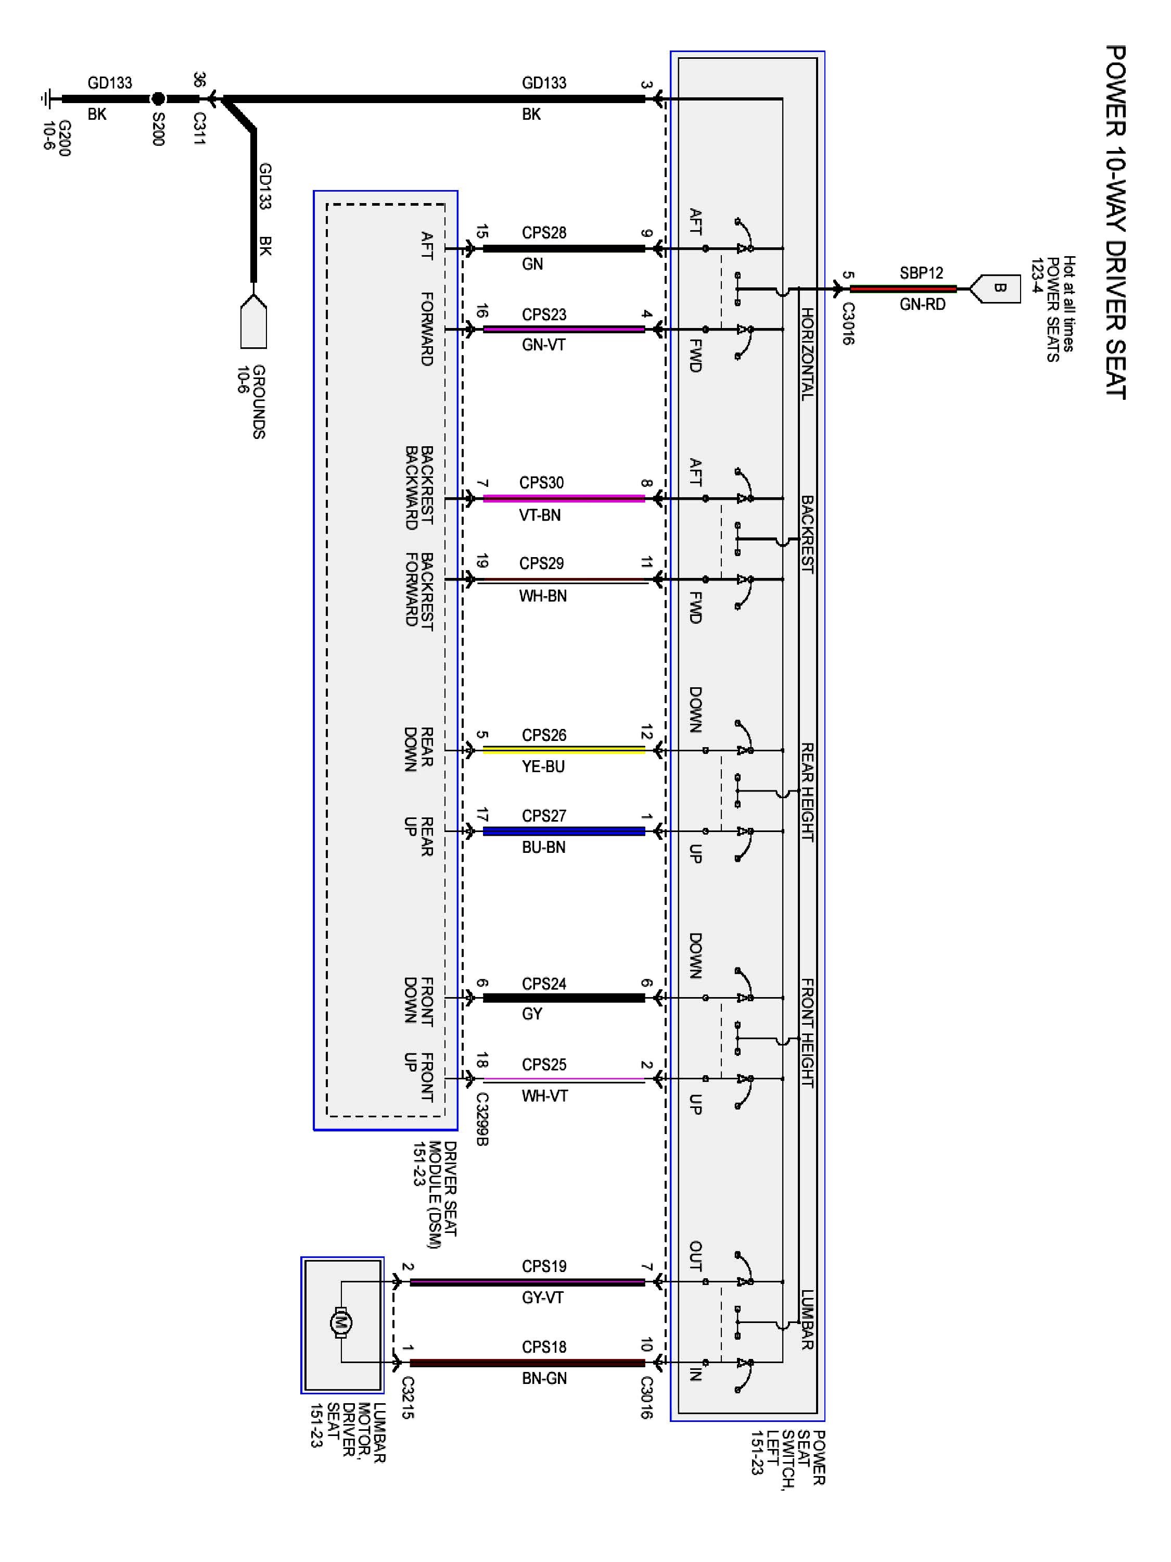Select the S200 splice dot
(158, 99)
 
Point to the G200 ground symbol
(48, 99)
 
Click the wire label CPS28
(543, 233)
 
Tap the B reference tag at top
(999, 288)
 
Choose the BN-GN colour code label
(543, 1378)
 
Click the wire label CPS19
(543, 1266)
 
